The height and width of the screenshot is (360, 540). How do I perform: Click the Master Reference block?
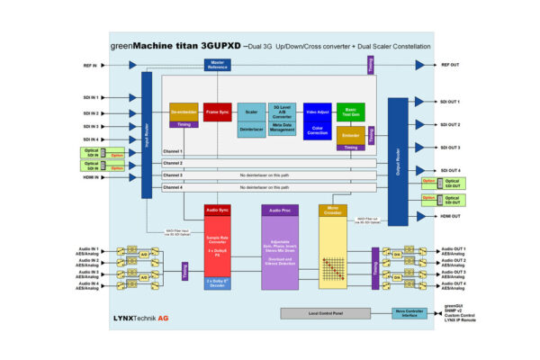tap(218, 65)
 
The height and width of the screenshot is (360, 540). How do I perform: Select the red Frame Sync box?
tap(218, 112)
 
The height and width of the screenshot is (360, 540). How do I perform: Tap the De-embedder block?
tap(184, 112)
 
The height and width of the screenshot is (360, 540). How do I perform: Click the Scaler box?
tap(252, 112)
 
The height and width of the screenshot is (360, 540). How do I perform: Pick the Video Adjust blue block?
tap(317, 112)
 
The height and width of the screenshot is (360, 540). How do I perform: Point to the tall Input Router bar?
tap(147, 135)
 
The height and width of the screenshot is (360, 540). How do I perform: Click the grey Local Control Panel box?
tap(321, 313)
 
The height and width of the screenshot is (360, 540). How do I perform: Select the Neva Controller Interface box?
tap(410, 313)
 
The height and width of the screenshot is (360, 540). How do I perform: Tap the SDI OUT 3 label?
tap(451, 148)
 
